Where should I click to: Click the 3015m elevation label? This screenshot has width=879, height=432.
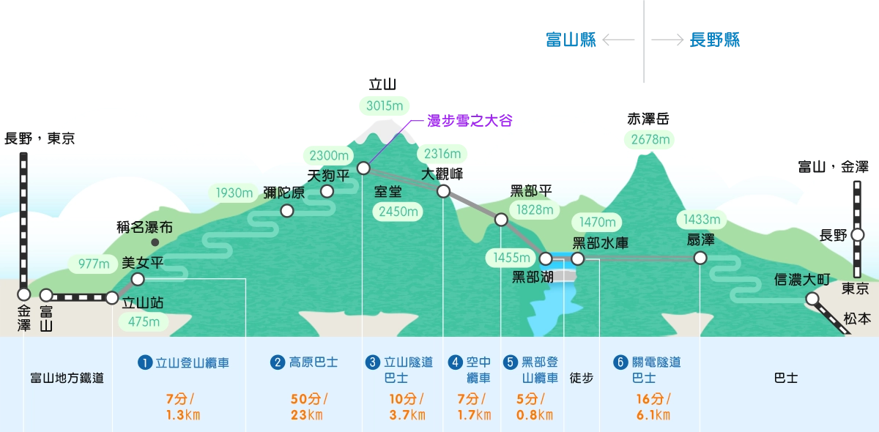[385, 105]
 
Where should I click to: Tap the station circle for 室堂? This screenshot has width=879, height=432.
[363, 168]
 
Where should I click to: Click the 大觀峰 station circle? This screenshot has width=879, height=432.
[443, 191]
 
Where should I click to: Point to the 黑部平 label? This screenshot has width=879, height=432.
[531, 192]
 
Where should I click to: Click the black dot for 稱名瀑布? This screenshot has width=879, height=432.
[155, 242]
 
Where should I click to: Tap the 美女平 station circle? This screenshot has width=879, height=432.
[138, 279]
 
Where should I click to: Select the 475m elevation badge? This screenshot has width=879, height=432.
[144, 321]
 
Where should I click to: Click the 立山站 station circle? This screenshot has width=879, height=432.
[111, 298]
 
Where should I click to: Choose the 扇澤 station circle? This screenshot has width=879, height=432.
[700, 258]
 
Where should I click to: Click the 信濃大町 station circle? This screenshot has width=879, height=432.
[812, 298]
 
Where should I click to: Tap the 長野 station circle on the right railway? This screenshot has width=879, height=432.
[857, 235]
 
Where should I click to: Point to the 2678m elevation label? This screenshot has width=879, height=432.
[646, 139]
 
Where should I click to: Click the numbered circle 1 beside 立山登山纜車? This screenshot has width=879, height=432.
[145, 362]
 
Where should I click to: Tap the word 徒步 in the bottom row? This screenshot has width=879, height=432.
[582, 379]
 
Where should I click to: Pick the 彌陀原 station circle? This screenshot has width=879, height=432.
[287, 211]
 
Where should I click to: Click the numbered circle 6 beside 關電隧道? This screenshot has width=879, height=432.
[621, 362]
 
